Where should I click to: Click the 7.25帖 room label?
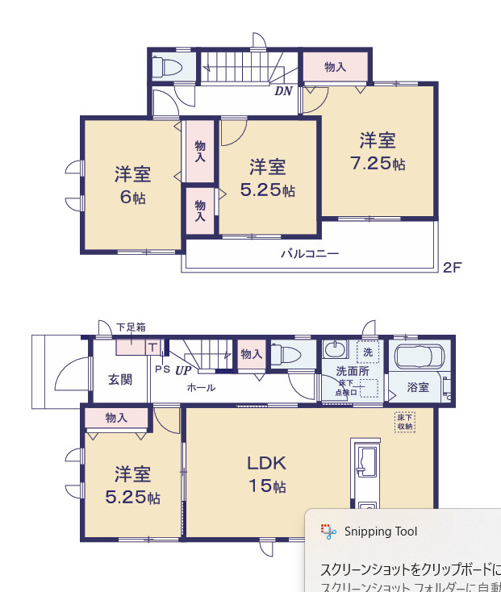(378, 152)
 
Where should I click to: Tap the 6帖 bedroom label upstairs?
(132, 185)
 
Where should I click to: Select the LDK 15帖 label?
(266, 474)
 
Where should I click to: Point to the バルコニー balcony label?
(310, 253)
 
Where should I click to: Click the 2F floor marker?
(452, 267)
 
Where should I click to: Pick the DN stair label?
(283, 91)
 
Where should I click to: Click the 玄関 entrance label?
(120, 380)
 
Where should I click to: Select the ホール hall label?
(201, 387)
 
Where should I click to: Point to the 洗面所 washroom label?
(352, 372)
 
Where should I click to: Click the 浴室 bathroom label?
(418, 387)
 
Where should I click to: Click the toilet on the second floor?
(170, 67)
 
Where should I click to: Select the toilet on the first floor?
(286, 354)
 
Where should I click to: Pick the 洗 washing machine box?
(368, 352)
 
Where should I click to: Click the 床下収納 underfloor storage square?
(404, 421)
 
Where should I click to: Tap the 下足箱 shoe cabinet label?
(131, 327)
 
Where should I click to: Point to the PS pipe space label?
(162, 369)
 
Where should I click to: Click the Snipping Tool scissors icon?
(328, 531)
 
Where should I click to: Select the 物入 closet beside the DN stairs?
(336, 67)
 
